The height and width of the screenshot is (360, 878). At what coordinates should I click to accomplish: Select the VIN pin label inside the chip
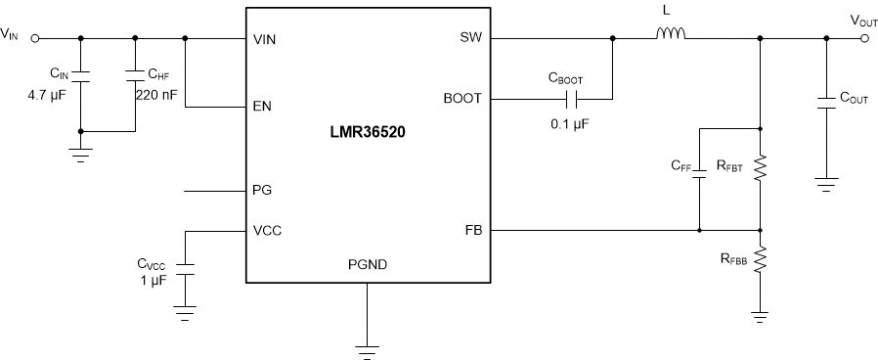pos(266,40)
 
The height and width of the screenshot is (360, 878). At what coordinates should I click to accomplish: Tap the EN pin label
pos(261,107)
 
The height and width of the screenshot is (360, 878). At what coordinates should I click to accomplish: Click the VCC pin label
pos(267,231)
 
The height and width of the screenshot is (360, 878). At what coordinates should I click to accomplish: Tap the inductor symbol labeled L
pos(670,36)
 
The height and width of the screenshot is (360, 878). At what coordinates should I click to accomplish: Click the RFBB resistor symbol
pos(760,260)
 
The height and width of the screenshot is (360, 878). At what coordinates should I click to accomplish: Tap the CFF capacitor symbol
pos(699,179)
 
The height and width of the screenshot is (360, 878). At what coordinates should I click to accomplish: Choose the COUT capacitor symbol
pos(826,107)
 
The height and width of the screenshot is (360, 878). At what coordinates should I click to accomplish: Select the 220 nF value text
pos(153,96)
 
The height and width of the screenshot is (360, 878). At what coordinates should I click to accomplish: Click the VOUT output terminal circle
pos(863,39)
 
